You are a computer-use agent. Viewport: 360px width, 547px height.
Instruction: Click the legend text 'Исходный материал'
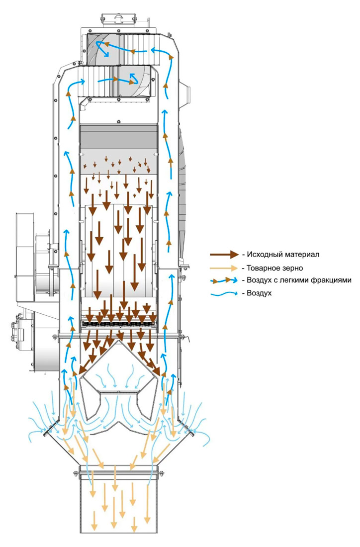click(x=283, y=254)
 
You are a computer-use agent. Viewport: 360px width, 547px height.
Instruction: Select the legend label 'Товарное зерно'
click(x=275, y=268)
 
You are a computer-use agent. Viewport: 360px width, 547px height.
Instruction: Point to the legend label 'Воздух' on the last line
click(x=259, y=293)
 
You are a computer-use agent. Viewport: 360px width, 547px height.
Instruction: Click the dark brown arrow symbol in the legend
click(x=224, y=255)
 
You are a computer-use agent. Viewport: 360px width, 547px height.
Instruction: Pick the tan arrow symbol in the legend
click(x=224, y=268)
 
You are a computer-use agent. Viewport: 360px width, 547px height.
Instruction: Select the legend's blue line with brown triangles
click(x=224, y=280)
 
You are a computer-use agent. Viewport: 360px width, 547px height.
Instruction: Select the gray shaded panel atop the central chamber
click(x=119, y=137)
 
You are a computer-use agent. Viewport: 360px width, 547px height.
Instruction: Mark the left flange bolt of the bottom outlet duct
click(x=76, y=473)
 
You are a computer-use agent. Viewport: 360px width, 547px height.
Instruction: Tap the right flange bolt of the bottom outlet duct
click(x=162, y=473)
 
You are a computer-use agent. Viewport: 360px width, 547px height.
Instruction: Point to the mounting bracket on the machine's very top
click(x=116, y=20)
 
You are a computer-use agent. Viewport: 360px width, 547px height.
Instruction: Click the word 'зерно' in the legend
click(x=293, y=269)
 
